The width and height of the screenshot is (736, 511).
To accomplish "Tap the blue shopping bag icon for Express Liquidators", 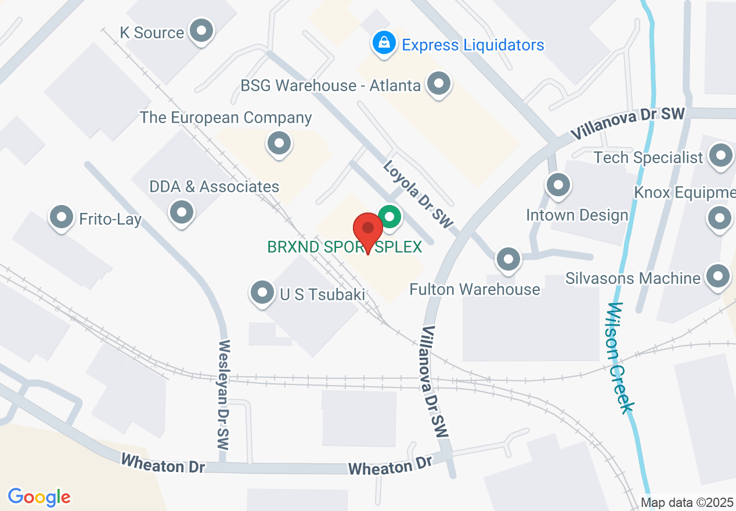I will pos(384,43).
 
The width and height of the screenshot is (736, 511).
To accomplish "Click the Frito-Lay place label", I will pos(110,219).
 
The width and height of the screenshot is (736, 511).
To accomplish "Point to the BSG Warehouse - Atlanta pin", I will pos(439,84).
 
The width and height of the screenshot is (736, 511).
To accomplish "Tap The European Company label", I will pos(226,117).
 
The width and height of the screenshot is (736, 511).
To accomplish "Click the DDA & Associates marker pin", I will pos(182,211).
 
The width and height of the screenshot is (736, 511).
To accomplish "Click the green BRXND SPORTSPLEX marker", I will pos(390,218).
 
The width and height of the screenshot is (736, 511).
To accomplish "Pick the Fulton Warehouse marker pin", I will pos(509,259).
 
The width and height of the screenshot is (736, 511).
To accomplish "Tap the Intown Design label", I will pos(577,215).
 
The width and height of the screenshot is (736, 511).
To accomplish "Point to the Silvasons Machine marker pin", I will pos(718,276).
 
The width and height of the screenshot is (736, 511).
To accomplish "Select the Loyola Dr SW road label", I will pos(417,194).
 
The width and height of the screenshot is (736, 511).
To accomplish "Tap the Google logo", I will pos(39,496).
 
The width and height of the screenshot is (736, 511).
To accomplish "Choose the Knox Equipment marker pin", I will pos(720,218).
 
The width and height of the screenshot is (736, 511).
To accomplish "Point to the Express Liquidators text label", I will pos(473,45).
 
